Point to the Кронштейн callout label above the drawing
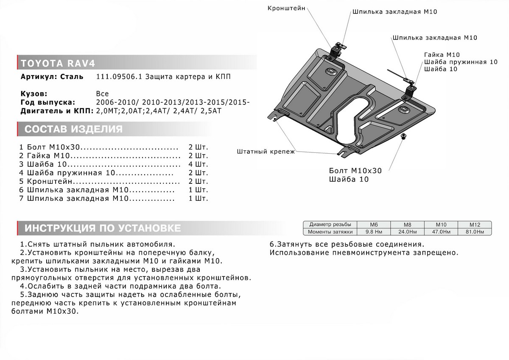pos(286,8)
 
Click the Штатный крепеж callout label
pos(266,151)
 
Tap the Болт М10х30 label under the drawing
pos(355,171)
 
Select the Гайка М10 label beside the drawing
pos(442,55)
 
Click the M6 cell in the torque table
pos(373,224)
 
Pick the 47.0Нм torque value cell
pos(441,232)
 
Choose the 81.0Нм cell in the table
pos(474,232)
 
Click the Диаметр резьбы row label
pos(330,224)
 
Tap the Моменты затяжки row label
pos(330,232)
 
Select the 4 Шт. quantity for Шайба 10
pos(199,164)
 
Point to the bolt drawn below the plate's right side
pos(403,137)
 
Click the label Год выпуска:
pos(48,102)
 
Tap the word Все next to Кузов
pos(102,94)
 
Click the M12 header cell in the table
pos(474,224)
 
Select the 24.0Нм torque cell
pos(407,232)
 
